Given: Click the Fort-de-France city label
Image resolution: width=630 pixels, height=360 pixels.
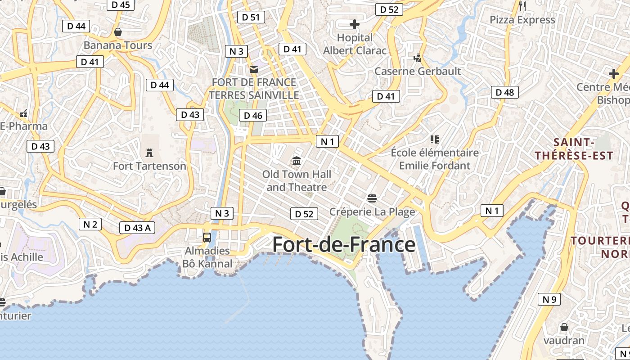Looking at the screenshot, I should pyautogui.click(x=344, y=245).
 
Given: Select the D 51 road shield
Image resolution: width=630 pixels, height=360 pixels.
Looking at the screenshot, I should pyautogui.click(x=251, y=17).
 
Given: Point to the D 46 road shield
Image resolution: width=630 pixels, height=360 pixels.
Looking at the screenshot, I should pyautogui.click(x=253, y=116).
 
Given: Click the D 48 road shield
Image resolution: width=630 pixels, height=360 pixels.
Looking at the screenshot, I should pyautogui.click(x=504, y=93).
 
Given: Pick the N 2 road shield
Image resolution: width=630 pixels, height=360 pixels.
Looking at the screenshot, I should pyautogui.click(x=90, y=224).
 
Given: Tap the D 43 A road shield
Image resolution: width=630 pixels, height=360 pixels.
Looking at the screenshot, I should pyautogui.click(x=137, y=228).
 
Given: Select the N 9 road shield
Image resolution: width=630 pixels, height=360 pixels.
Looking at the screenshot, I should pyautogui.click(x=549, y=299).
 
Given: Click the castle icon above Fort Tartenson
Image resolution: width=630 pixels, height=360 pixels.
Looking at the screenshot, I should pyautogui.click(x=149, y=153).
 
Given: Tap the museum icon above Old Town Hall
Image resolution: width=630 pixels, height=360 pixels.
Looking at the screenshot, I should pyautogui.click(x=297, y=161).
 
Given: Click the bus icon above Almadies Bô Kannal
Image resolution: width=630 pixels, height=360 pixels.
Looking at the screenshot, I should pyautogui.click(x=207, y=238).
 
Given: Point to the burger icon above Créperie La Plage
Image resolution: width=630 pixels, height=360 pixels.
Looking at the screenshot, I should pyautogui.click(x=372, y=198).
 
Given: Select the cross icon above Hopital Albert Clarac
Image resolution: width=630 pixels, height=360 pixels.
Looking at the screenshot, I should pyautogui.click(x=355, y=24).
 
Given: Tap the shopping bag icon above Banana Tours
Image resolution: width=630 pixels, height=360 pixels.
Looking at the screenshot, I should pyautogui.click(x=118, y=32).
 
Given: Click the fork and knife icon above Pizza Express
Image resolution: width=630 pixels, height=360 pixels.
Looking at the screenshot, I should pyautogui.click(x=522, y=6).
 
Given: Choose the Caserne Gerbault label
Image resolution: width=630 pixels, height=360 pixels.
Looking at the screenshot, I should pyautogui.click(x=418, y=71).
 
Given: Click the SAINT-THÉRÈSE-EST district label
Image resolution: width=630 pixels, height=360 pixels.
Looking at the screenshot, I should pyautogui.click(x=574, y=149).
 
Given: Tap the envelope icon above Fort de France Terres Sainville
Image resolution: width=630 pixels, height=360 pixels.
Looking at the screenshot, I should pyautogui.click(x=254, y=69).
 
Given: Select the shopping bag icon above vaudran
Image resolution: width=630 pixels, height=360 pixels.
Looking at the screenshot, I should pyautogui.click(x=564, y=327).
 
